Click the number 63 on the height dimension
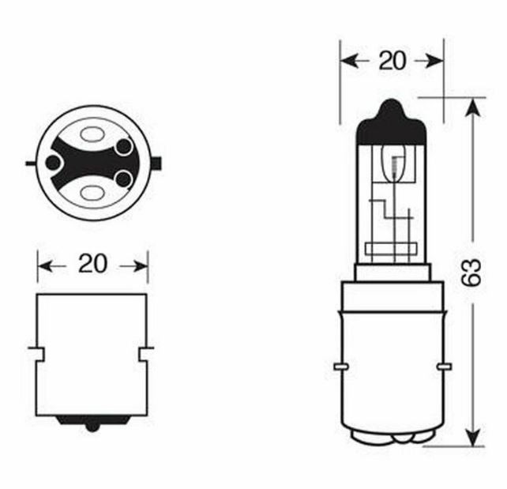tap(474, 273)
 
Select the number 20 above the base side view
tap(92, 264)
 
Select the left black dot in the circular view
tap(54, 164)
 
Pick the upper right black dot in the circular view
tap(122, 147)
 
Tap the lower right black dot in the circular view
tap(122, 179)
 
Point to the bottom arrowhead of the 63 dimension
tap(472, 437)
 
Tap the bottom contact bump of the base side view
tap(92, 424)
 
